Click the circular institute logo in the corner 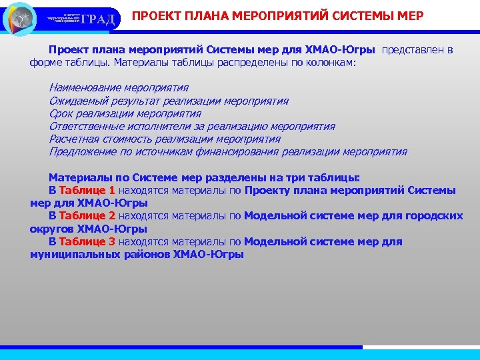pyautogui.click(x=20, y=18)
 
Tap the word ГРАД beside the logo pyautogui.click(x=100, y=19)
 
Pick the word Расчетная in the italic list pyautogui.click(x=73, y=139)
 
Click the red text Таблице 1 pyautogui.click(x=87, y=191)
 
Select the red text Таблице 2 pyautogui.click(x=87, y=216)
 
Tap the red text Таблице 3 pyautogui.click(x=87, y=242)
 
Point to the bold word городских pyautogui.click(x=431, y=216)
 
